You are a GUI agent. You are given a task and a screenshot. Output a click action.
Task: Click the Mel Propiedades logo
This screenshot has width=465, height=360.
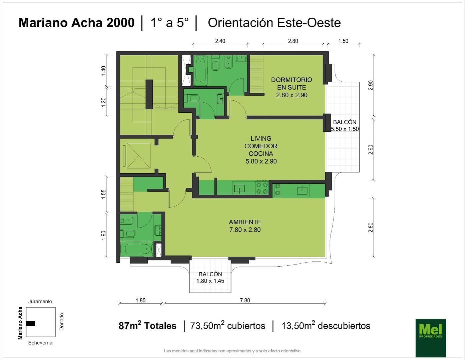[431, 338]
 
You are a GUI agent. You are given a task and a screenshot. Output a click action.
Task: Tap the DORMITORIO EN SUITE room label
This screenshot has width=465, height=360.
[292, 87]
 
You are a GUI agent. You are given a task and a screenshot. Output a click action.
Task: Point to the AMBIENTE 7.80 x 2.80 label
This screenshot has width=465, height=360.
[245, 226]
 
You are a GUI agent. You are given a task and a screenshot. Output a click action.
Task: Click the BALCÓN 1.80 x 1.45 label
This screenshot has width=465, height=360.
[210, 277]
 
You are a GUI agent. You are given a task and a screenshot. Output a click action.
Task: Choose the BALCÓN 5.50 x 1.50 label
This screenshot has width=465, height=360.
[345, 125]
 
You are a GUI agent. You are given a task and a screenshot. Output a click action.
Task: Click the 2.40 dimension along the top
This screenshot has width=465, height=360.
[220, 41]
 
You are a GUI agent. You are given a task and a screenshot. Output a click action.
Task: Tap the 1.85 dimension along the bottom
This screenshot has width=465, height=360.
[140, 300]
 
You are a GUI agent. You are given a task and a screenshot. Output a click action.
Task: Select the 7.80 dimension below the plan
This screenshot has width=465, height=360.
[245, 300]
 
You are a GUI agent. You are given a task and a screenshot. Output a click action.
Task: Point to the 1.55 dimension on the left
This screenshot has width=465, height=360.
[103, 194]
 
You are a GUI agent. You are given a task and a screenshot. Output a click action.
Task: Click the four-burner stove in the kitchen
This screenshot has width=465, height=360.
[262, 188]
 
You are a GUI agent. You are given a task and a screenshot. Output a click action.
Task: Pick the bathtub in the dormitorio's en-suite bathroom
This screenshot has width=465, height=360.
[200, 70]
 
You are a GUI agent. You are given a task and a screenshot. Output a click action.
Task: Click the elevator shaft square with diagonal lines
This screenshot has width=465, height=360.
[139, 156]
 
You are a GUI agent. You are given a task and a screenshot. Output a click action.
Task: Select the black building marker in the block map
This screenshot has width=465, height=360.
[31, 323]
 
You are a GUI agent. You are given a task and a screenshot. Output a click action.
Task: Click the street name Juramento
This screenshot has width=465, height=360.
[40, 301]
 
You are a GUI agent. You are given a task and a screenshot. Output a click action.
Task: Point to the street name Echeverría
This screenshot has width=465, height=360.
[40, 343]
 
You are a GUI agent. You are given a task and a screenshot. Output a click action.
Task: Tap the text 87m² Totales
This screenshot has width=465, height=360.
[147, 325]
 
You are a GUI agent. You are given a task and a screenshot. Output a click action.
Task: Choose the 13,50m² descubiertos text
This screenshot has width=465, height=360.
[326, 325]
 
